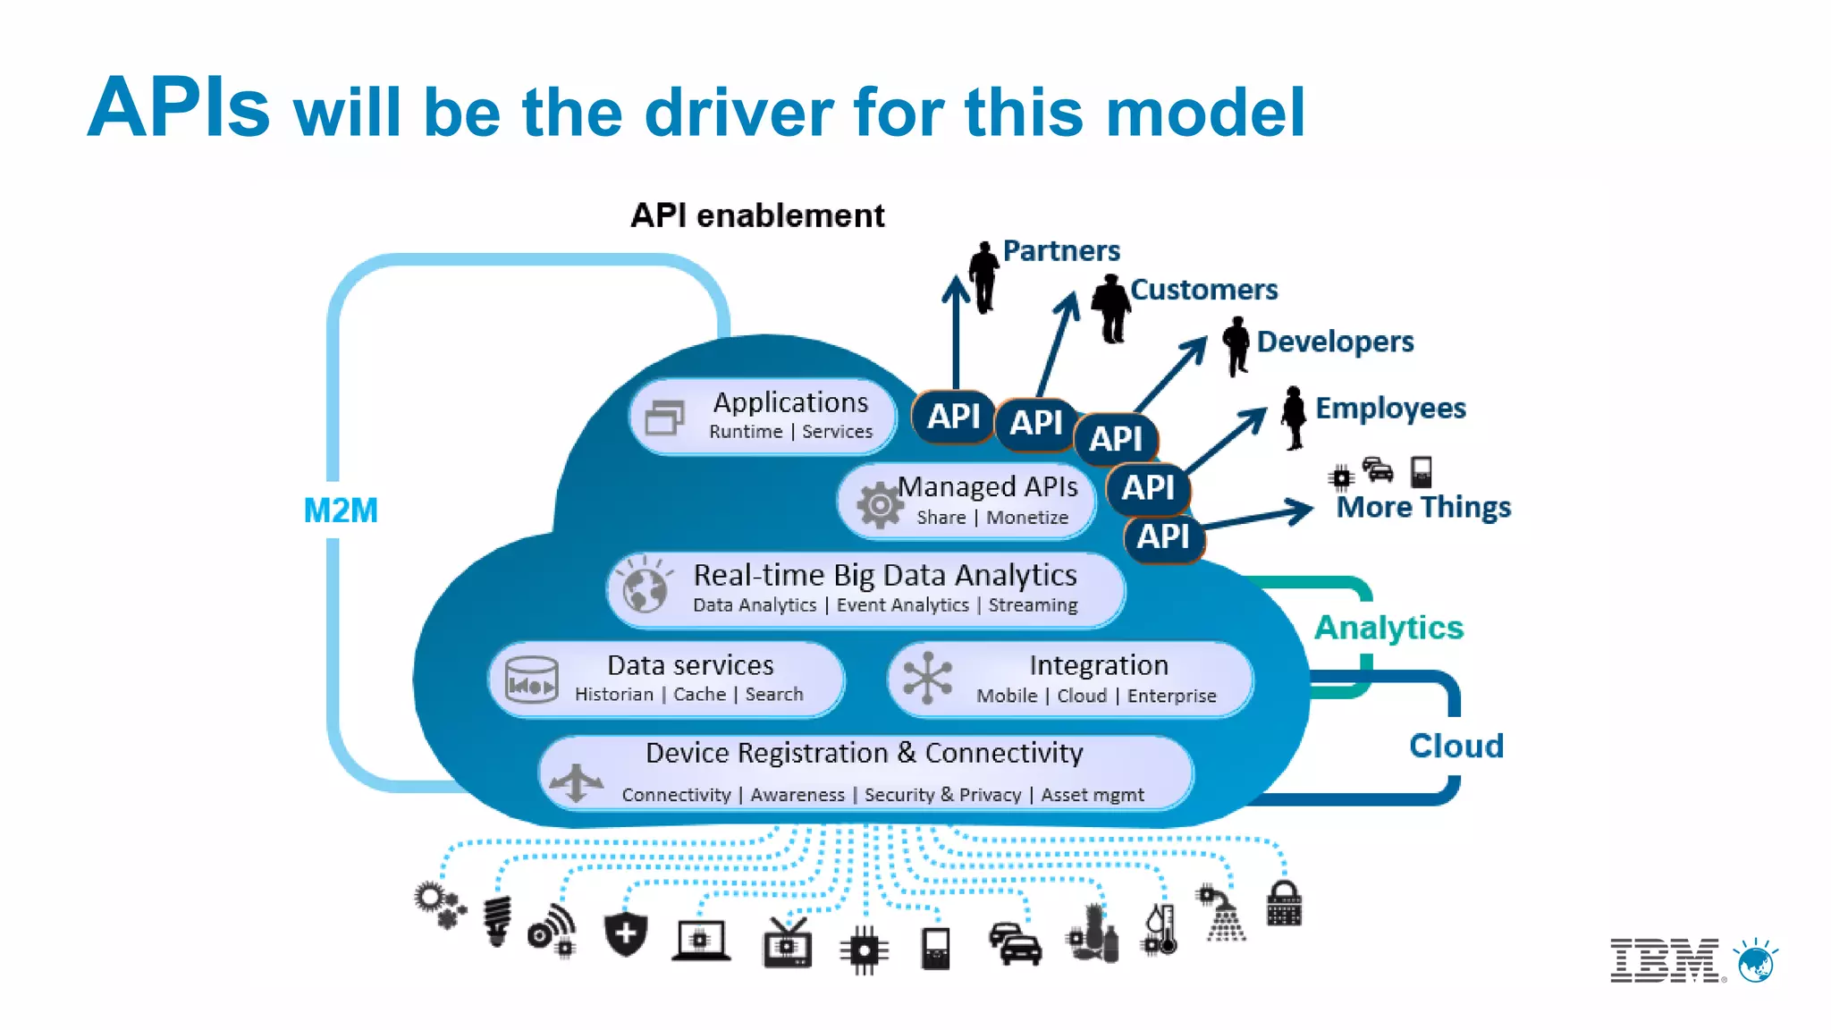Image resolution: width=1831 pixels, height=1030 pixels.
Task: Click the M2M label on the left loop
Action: (x=341, y=511)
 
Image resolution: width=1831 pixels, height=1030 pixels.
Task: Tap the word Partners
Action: (x=1061, y=251)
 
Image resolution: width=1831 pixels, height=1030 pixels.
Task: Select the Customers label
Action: (x=1203, y=290)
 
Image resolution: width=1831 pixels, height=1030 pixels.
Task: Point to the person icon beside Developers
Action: (x=1236, y=345)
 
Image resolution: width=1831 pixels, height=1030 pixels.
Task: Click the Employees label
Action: (x=1390, y=409)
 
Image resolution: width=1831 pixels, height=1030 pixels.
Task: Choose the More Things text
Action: (x=1423, y=508)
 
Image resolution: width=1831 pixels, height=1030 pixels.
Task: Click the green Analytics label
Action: (x=1388, y=628)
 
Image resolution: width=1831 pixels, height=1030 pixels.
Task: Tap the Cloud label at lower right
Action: (x=1456, y=746)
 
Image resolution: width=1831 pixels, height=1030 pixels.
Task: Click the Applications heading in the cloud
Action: (x=790, y=402)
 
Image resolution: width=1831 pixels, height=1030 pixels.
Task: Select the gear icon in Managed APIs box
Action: (x=880, y=505)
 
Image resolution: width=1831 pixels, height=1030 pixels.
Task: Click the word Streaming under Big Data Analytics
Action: (x=1033, y=605)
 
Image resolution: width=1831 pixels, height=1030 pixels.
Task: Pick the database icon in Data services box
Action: (x=532, y=680)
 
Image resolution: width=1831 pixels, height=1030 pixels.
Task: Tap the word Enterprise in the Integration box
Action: (x=1171, y=696)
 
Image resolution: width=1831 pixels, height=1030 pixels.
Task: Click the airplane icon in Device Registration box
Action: (x=577, y=781)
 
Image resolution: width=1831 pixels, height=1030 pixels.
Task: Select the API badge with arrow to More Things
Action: (x=1163, y=537)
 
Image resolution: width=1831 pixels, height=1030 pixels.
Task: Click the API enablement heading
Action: (x=757, y=215)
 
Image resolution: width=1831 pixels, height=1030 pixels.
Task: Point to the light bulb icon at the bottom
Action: (x=497, y=920)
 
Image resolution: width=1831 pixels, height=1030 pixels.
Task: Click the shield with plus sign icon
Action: (x=626, y=933)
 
